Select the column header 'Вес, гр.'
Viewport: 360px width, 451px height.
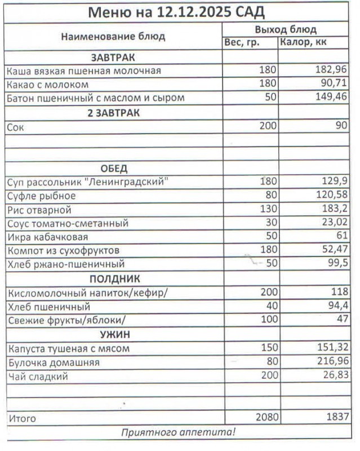(x=242, y=43)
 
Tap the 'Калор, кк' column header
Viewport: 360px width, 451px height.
(x=303, y=43)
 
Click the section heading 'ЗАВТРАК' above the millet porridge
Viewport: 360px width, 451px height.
(x=113, y=58)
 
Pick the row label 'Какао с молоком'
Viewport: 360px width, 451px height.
(x=48, y=85)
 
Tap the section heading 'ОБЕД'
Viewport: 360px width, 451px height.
(x=113, y=168)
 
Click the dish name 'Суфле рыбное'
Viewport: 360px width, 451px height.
(x=42, y=196)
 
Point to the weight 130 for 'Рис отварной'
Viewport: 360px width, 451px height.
(x=269, y=210)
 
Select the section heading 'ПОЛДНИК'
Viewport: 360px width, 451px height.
(x=113, y=278)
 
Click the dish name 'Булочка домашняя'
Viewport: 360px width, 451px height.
(x=54, y=362)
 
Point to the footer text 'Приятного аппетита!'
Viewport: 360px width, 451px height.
(x=179, y=432)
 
